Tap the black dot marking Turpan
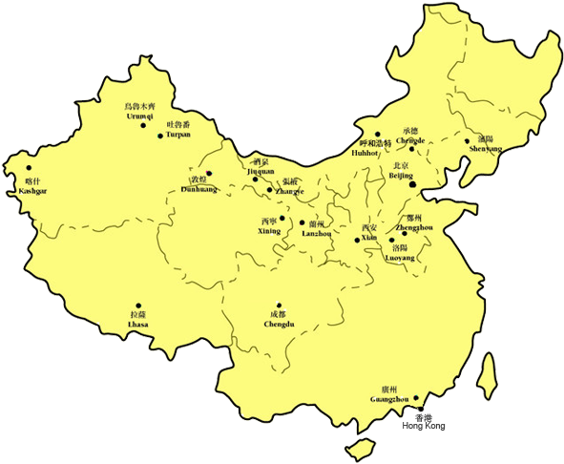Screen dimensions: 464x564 [x=159, y=137]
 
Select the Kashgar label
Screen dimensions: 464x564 [x=32, y=191]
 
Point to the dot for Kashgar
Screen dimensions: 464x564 [x=29, y=168]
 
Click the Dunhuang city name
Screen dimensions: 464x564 [x=198, y=189]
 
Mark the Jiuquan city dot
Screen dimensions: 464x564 [x=255, y=179]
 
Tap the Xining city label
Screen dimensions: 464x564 [x=271, y=231]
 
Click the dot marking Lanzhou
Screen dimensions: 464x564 [x=302, y=222]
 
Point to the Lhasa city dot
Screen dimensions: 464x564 [x=138, y=306]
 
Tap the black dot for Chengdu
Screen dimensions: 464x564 [x=278, y=305]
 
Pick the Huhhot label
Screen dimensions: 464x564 [x=366, y=152]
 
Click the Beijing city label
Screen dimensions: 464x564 [x=402, y=176]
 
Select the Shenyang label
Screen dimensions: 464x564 [x=485, y=148]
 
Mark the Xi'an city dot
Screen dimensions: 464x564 [x=358, y=240]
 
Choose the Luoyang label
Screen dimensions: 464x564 [x=400, y=258]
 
